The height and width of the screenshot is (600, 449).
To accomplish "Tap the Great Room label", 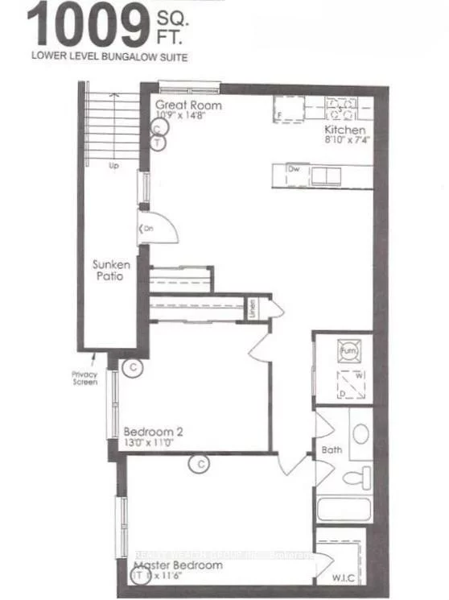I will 188,105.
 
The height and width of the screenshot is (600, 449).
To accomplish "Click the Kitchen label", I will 345,130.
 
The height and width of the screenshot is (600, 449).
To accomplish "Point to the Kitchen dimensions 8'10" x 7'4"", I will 347,140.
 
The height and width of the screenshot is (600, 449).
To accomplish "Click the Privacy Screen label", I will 84,377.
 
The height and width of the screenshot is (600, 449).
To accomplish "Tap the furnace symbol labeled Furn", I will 349,352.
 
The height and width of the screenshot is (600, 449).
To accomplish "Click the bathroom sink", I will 361,434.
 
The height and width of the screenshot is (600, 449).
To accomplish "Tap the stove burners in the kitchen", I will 342,107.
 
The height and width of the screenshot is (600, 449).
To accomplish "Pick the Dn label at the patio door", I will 147,230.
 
